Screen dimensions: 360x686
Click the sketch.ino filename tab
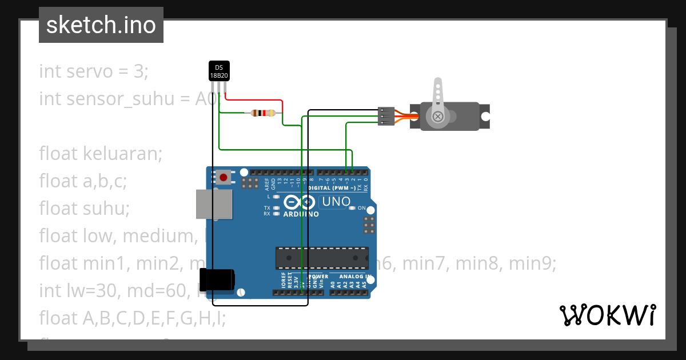(x=101, y=25)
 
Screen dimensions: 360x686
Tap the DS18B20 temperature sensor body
(x=218, y=71)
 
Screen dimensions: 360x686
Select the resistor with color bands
(x=262, y=113)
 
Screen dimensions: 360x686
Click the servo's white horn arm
(x=438, y=97)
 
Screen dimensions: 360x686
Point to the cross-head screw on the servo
(x=438, y=117)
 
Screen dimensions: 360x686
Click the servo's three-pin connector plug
(x=386, y=116)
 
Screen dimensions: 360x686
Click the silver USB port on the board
(x=214, y=204)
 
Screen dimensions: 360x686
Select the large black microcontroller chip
(x=322, y=258)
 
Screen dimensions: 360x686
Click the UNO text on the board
(x=336, y=202)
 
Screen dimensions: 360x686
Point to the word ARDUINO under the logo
(x=301, y=214)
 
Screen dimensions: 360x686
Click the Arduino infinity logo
(x=299, y=202)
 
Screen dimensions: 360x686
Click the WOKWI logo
(x=607, y=315)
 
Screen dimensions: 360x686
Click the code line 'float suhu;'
(x=85, y=208)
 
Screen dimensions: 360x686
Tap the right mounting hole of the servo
(x=485, y=117)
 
